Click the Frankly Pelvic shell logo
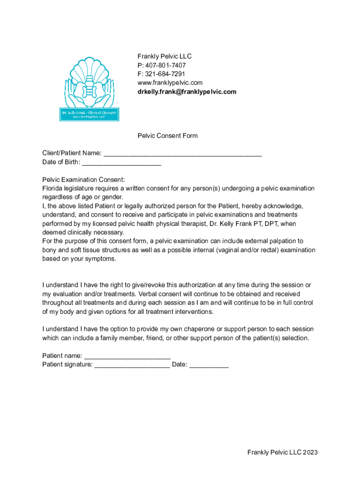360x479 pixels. click(x=89, y=89)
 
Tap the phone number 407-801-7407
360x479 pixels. click(x=165, y=65)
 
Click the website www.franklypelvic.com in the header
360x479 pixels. click(x=170, y=83)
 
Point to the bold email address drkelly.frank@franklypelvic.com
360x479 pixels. click(x=187, y=92)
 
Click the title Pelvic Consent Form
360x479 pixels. click(x=167, y=136)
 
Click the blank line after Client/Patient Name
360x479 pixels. click(x=182, y=153)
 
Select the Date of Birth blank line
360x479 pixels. click(x=122, y=162)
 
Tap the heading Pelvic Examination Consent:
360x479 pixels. click(x=84, y=180)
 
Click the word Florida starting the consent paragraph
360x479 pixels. click(x=52, y=189)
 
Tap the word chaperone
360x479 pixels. click(x=187, y=329)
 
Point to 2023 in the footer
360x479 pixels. click(x=310, y=452)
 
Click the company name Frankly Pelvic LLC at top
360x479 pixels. click(x=165, y=56)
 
